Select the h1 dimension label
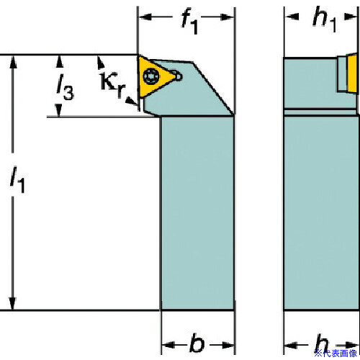(x=325, y=19)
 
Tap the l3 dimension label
(x=65, y=87)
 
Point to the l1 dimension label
(x=17, y=179)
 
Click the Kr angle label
(x=113, y=84)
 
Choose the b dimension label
(x=197, y=343)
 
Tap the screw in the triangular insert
(x=150, y=76)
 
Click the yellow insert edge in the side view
(x=351, y=73)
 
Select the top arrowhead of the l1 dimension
(x=13, y=63)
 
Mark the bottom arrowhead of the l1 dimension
(x=12, y=304)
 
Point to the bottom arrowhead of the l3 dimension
(x=58, y=110)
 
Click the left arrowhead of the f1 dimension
(x=145, y=17)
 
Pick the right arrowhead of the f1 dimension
(x=227, y=17)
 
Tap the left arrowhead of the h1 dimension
(x=292, y=17)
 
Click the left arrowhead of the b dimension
(x=168, y=345)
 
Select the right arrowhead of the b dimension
(x=228, y=345)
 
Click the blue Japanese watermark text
(x=336, y=354)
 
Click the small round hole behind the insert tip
(x=179, y=76)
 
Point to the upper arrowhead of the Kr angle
(x=101, y=62)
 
